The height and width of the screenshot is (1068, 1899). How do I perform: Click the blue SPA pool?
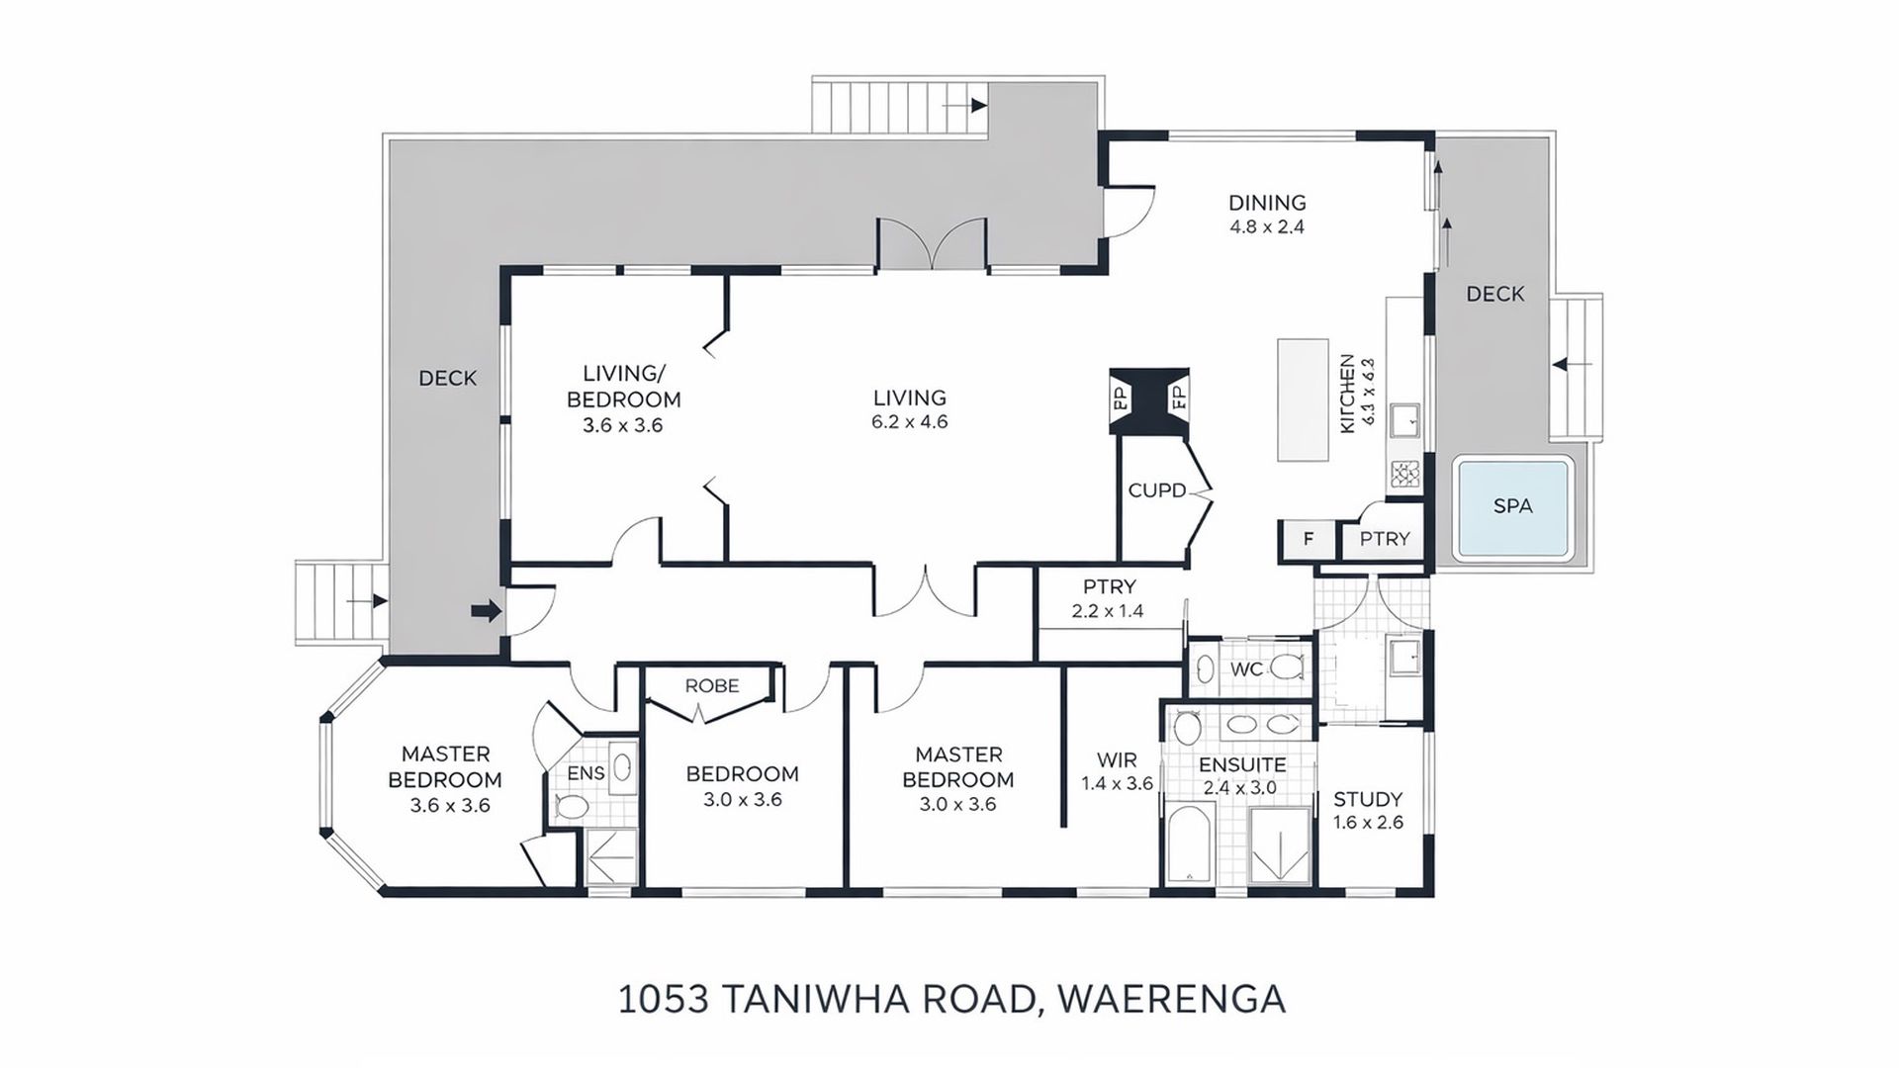[x=1512, y=506]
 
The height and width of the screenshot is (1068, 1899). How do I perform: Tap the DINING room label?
[x=1267, y=203]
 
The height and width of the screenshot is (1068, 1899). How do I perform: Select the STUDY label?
[x=1368, y=799]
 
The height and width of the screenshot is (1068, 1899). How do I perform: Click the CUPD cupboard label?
[x=1156, y=490]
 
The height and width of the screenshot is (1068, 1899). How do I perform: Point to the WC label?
[x=1246, y=669]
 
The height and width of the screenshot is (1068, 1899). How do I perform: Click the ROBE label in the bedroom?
[x=712, y=685]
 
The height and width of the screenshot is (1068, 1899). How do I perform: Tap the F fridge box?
[x=1308, y=539]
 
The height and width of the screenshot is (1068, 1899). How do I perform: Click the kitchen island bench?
[x=1303, y=400]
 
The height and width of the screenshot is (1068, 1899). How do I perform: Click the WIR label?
[x=1117, y=760]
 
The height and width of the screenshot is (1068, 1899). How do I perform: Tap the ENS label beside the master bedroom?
[x=586, y=773]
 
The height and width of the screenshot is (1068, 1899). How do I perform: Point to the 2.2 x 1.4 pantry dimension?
[x=1108, y=611]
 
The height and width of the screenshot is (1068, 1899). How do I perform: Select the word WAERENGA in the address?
[x=1172, y=999]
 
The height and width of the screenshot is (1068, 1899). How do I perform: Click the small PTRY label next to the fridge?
[x=1384, y=539]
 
